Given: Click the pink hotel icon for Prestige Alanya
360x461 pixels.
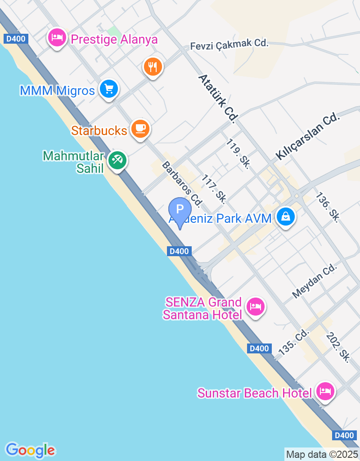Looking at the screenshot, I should [57, 38].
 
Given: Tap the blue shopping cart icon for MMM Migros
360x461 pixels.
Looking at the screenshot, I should [108, 89].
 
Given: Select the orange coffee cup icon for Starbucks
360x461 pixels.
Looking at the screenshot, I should [140, 128].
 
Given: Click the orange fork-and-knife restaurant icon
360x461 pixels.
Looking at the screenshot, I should [153, 67].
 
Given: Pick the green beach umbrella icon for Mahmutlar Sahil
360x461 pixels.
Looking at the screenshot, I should [117, 160].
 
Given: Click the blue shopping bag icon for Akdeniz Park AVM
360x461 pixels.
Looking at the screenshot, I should [286, 217].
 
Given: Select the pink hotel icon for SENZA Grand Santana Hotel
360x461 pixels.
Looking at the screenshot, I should [256, 307].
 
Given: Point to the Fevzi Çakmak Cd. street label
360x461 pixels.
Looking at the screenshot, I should [229, 44].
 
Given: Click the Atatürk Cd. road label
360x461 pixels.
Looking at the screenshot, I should [218, 99].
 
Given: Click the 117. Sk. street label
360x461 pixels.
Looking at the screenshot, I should [214, 188].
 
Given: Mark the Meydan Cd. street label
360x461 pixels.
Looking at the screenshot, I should [315, 281].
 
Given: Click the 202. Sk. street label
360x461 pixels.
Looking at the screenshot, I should [339, 347].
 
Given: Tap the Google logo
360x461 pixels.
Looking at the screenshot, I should [31, 450].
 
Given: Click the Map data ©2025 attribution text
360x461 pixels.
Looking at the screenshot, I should [322, 454].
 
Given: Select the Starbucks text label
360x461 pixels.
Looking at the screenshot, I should [99, 131].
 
